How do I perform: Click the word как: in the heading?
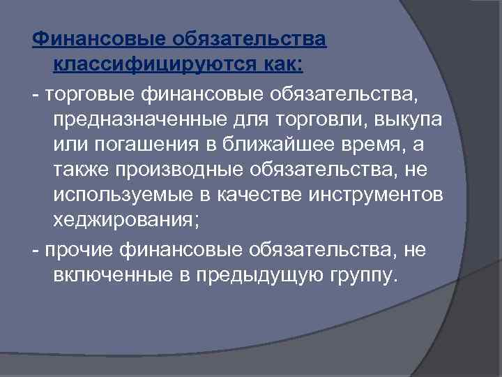pyautogui.click(x=279, y=64)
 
